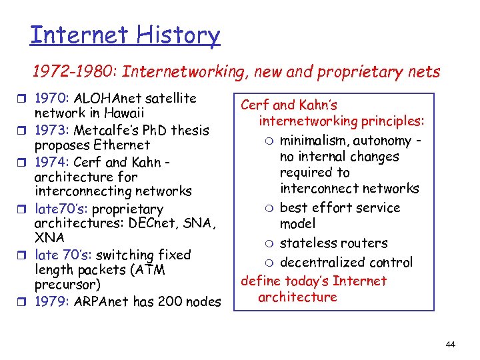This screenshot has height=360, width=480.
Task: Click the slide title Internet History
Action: coord(125,35)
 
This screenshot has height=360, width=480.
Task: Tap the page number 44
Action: coord(450,345)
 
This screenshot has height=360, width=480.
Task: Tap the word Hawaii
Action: coord(119,113)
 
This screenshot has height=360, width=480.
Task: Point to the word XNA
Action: coord(49,237)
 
